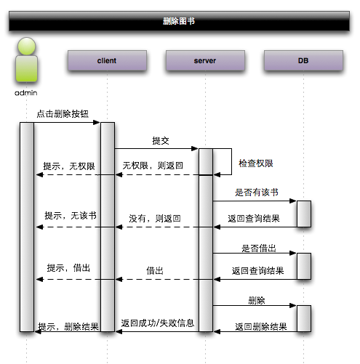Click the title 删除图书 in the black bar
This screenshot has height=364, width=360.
pyautogui.click(x=179, y=21)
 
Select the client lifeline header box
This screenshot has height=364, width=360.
pyautogui.click(x=106, y=60)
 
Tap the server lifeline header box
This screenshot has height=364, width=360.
pyautogui.click(x=205, y=60)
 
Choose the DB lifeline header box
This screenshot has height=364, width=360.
pyautogui.click(x=303, y=60)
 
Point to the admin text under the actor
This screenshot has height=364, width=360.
pyautogui.click(x=26, y=93)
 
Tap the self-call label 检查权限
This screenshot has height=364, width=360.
pyautogui.click(x=256, y=164)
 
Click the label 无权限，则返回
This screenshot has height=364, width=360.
pyautogui.click(x=153, y=166)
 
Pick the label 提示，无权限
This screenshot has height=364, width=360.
pyautogui.click(x=69, y=166)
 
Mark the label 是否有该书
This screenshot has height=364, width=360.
pyautogui.click(x=256, y=193)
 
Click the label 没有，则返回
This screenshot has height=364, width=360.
pyautogui.click(x=155, y=218)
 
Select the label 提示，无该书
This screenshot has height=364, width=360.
pyautogui.click(x=71, y=216)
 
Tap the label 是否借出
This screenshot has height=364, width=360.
pyautogui.click(x=259, y=248)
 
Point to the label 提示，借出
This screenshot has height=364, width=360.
pyautogui.click(x=68, y=268)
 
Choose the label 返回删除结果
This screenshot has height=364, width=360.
pyautogui.click(x=261, y=327)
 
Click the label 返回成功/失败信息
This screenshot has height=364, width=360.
pyautogui.click(x=158, y=323)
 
